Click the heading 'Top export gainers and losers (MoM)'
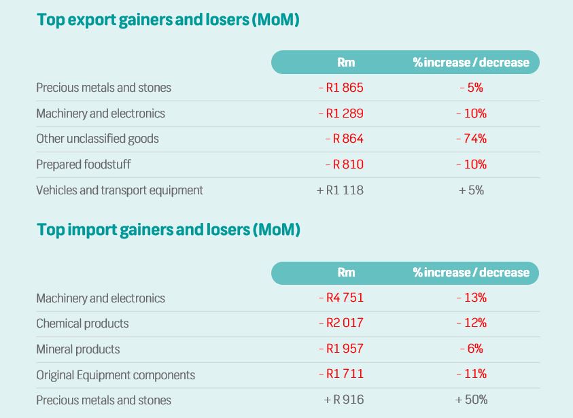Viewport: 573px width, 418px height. (168, 20)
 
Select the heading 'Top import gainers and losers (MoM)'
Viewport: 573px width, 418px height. (168, 230)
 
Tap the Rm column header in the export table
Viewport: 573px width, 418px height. (346, 63)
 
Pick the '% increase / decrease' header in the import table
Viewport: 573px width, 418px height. (471, 273)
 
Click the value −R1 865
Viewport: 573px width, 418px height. (341, 88)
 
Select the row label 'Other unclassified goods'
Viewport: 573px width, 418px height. (97, 139)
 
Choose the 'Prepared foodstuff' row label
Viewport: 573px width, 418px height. (84, 164)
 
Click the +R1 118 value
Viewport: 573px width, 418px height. (340, 190)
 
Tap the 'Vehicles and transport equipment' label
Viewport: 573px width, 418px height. (120, 190)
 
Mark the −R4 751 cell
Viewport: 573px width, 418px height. (341, 298)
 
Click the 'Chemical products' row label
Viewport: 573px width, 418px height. (82, 324)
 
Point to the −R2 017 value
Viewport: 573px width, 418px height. (341, 324)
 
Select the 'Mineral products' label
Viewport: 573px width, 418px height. (77, 349)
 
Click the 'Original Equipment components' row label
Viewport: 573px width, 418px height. (116, 375)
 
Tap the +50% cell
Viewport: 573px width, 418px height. (471, 400)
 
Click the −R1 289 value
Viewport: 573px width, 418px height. (341, 114)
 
